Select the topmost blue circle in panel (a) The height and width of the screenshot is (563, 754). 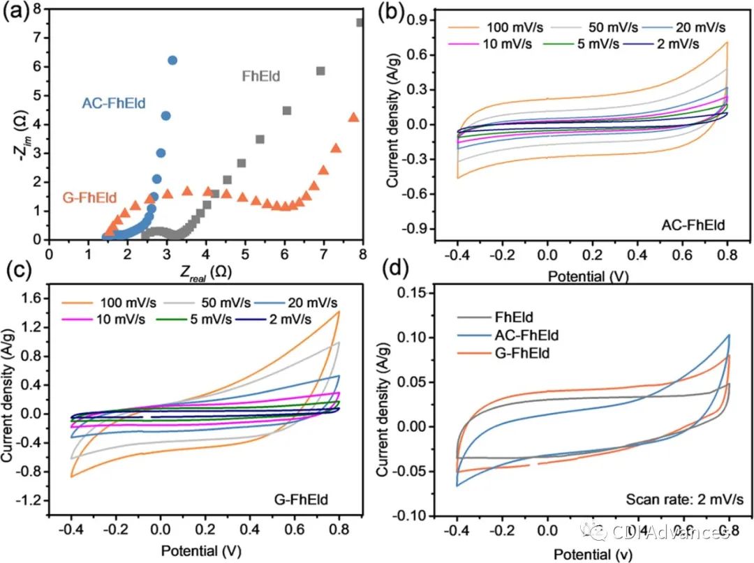pyautogui.click(x=172, y=61)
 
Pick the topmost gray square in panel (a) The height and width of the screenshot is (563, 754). pyautogui.click(x=360, y=22)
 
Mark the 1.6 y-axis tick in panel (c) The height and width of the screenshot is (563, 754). pyautogui.click(x=33, y=299)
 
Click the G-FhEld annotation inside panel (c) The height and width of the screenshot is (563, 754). pyautogui.click(x=303, y=500)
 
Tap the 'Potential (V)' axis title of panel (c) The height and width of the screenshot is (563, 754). pyautogui.click(x=197, y=550)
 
